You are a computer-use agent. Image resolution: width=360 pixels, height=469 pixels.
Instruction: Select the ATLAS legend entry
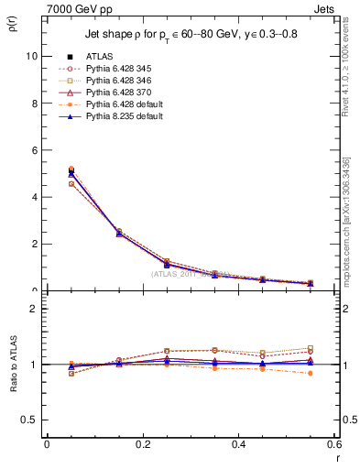98,56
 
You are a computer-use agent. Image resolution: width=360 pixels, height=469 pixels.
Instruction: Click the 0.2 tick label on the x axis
142,444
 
